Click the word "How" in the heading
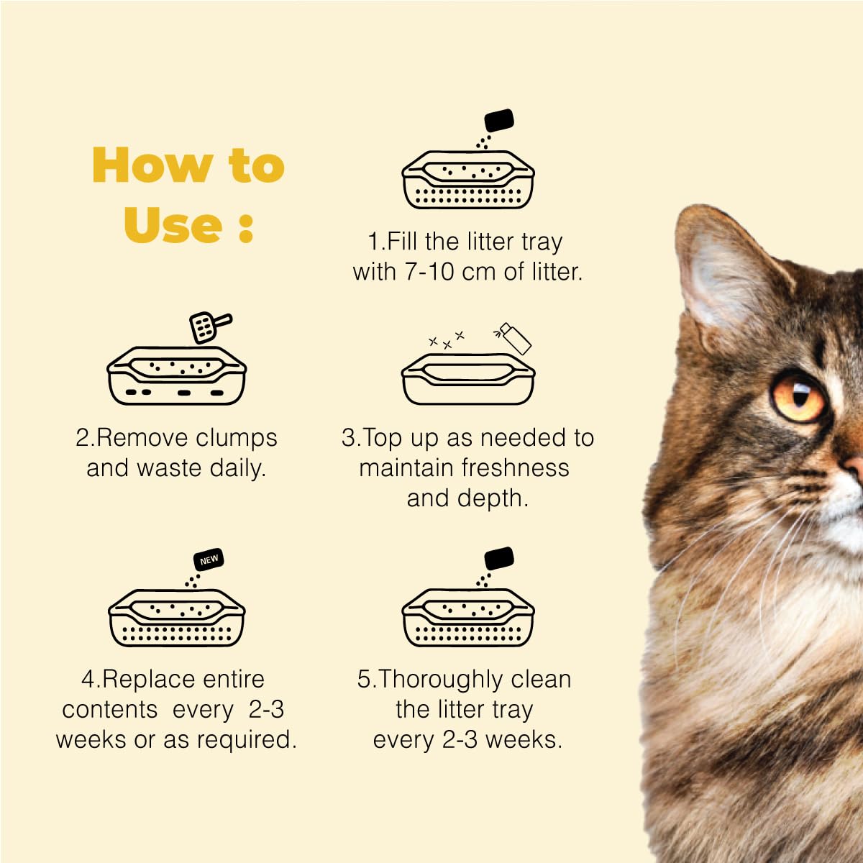coord(152,165)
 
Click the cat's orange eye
coord(798,396)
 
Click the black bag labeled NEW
coord(208,560)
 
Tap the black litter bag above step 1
coord(499,120)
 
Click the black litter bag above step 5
coord(499,558)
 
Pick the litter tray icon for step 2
coord(176,375)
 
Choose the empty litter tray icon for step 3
coord(468,378)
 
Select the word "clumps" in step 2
coord(237,439)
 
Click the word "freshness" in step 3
coord(516,467)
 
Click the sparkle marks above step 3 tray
coord(447,339)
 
